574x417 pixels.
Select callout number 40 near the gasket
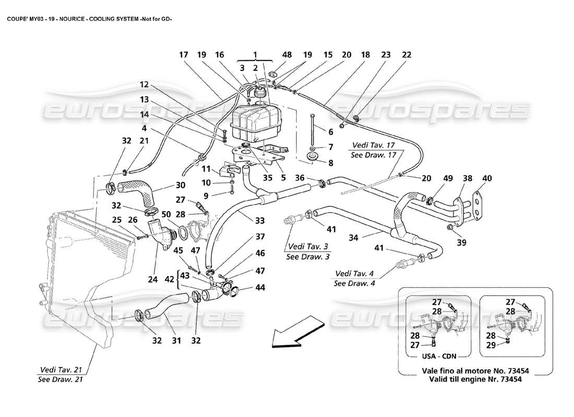[x=487, y=178]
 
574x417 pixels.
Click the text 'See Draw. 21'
[x=59, y=379]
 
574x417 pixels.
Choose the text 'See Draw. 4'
[x=356, y=283]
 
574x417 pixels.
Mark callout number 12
[x=143, y=84]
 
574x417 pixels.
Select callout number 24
[x=152, y=279]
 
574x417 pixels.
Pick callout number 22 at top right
[x=406, y=54]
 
